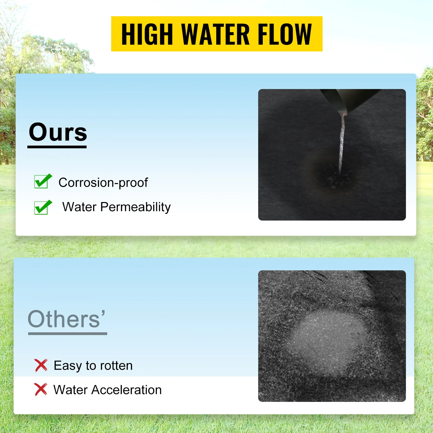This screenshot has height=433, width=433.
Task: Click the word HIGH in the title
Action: (147, 34)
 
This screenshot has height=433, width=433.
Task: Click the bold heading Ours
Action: (58, 132)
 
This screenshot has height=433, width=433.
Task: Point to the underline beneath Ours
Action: (57, 147)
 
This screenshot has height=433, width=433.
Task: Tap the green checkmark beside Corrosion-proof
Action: (42, 181)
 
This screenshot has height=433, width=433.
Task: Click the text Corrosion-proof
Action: (103, 183)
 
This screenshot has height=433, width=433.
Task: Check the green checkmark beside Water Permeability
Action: (42, 207)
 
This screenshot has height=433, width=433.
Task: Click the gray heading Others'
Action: (66, 319)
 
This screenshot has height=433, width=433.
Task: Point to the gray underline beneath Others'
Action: (68, 334)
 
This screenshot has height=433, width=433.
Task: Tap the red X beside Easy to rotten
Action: (41, 365)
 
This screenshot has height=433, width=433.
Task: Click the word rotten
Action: (116, 366)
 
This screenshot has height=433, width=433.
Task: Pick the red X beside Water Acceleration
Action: (41, 389)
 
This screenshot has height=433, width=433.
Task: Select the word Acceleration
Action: (126, 390)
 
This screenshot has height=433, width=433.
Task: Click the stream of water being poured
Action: (342, 141)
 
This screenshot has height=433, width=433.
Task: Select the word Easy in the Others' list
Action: (68, 366)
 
